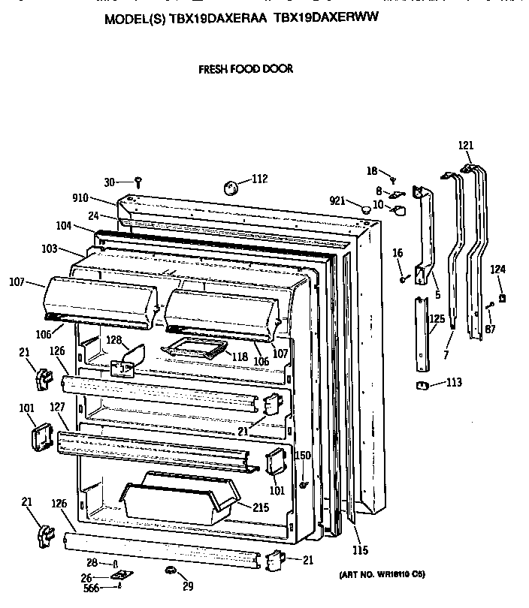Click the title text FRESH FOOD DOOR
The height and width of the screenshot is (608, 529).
(245, 69)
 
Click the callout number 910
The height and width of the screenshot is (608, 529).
(80, 198)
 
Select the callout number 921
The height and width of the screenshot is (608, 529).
(337, 200)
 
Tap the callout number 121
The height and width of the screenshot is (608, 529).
(466, 146)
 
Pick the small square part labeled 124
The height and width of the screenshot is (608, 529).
(502, 298)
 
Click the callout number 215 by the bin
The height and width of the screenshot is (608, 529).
(260, 507)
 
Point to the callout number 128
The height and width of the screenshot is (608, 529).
(113, 340)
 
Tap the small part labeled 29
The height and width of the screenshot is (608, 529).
(171, 573)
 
